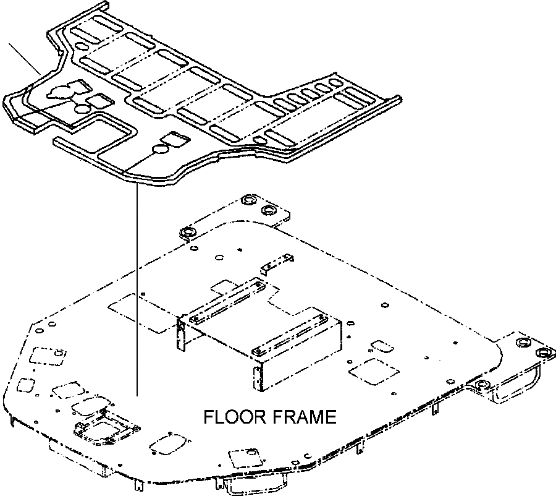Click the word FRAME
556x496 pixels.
click(305, 417)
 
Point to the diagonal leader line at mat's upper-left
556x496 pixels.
click(25, 59)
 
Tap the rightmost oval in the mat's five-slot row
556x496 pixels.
click(337, 83)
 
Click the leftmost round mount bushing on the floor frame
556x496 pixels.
click(187, 233)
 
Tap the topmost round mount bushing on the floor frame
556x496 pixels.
click(249, 201)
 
